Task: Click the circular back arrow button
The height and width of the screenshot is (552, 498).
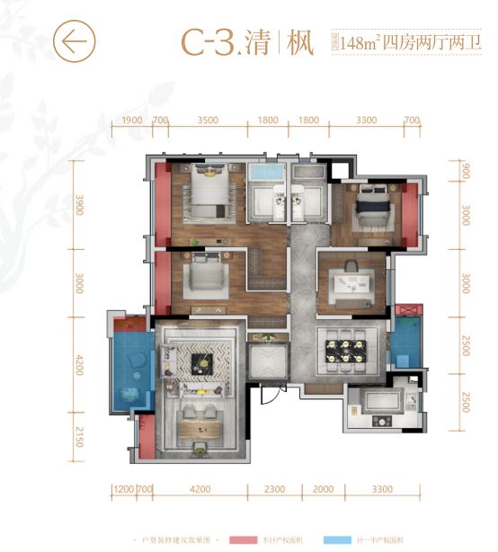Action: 75,40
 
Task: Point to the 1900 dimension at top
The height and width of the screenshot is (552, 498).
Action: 131,120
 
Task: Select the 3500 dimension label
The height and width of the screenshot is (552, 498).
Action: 208,120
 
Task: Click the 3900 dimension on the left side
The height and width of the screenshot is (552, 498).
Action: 78,203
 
